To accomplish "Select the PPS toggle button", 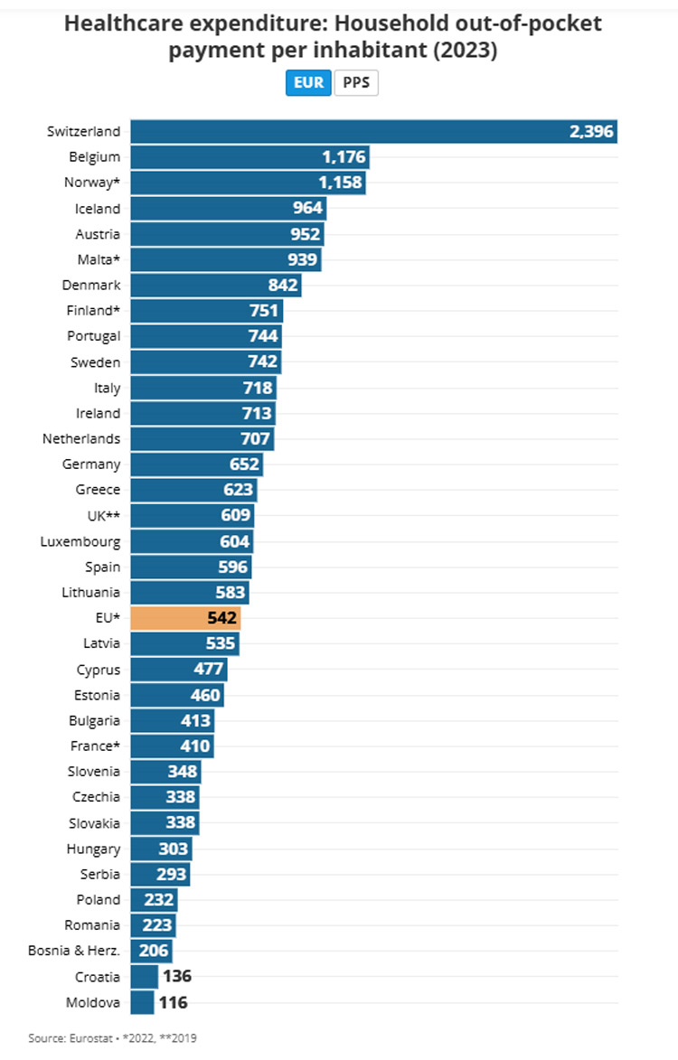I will pyautogui.click(x=356, y=83).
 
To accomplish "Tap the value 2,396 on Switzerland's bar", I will pyautogui.click(x=591, y=132).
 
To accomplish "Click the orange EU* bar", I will pyautogui.click(x=184, y=618).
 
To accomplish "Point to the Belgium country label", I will pyautogui.click(x=94, y=157).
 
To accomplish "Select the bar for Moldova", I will pyautogui.click(x=143, y=1002).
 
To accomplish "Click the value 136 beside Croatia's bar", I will pyautogui.click(x=175, y=977).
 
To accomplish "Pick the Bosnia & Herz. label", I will pyautogui.click(x=80, y=951).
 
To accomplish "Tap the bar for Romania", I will pyautogui.click(x=152, y=925).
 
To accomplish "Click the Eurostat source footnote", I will pyautogui.click(x=112, y=1038).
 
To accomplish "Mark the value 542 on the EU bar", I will pyautogui.click(x=221, y=619).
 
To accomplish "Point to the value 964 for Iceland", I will pyautogui.click(x=306, y=209).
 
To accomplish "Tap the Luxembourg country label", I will pyautogui.click(x=80, y=541).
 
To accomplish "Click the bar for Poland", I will pyautogui.click(x=153, y=900).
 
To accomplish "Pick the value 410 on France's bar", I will pyautogui.click(x=194, y=746).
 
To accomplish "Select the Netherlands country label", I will pyautogui.click(x=80, y=439).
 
